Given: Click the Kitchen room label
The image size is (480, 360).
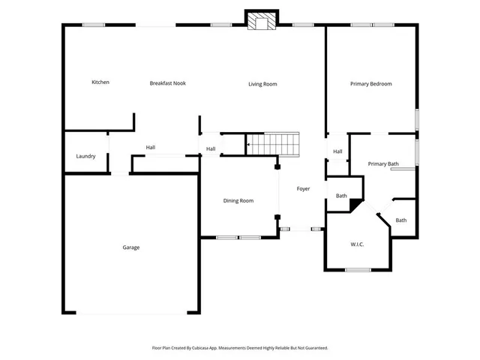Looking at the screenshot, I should [x=100, y=82].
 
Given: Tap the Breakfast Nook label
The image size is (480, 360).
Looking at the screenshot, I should [x=167, y=83].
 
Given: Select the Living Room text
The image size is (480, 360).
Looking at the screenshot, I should [x=262, y=84].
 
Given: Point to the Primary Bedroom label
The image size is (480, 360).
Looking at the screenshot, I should [x=370, y=84].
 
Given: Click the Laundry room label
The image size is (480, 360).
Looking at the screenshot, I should [x=85, y=156].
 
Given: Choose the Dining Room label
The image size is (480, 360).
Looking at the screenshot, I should [x=238, y=200].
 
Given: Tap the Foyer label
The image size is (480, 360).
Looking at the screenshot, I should [x=303, y=188].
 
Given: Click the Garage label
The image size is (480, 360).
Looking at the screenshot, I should [x=131, y=247].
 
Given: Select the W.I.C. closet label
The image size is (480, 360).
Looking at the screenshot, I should [x=357, y=244].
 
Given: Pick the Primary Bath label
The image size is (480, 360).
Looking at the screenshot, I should [x=382, y=163].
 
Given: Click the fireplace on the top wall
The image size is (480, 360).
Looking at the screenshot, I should [x=262, y=21].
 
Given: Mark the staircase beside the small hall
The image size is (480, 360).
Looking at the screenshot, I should [x=273, y=142].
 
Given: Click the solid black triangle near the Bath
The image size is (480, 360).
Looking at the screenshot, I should [x=355, y=204].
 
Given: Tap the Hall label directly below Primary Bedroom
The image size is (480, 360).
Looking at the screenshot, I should [x=337, y=151].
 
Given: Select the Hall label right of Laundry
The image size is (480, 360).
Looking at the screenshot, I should [x=151, y=147].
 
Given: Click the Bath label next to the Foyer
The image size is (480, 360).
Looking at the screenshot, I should [x=341, y=196].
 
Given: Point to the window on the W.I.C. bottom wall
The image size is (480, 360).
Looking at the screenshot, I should [x=358, y=269].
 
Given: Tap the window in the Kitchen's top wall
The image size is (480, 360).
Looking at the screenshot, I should [x=93, y=25].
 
